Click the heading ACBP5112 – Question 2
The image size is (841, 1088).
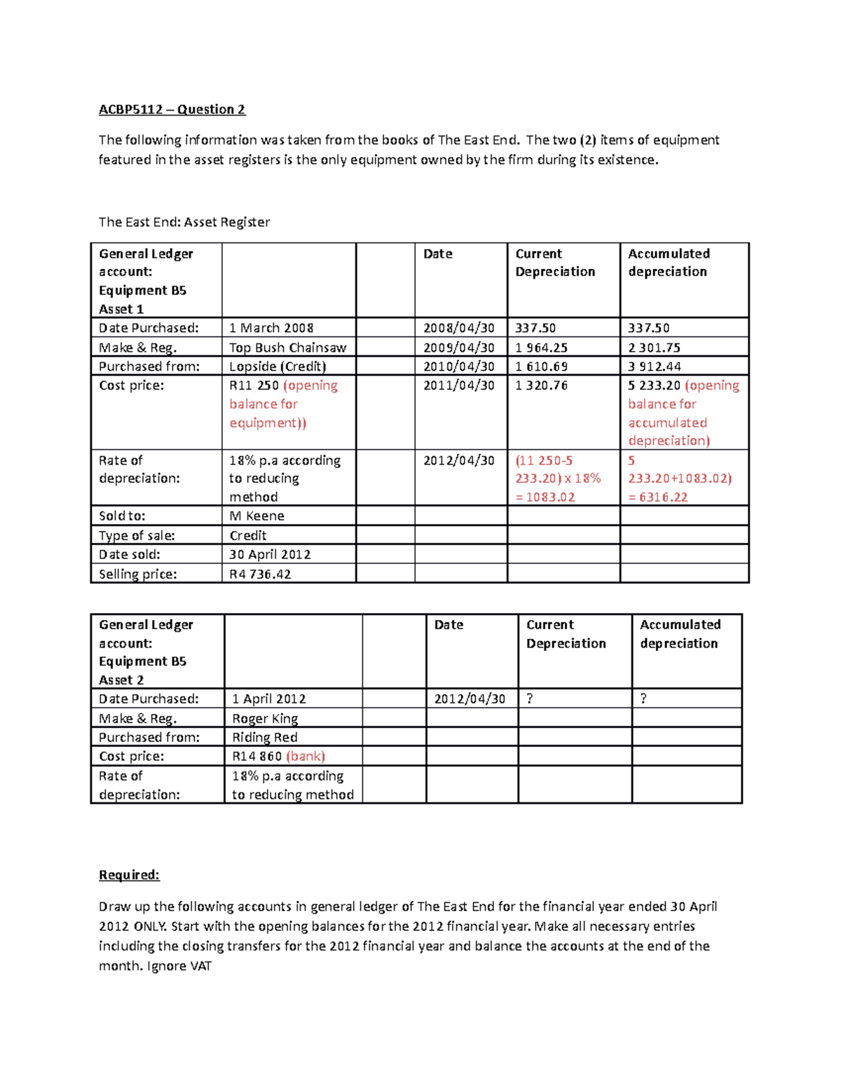coord(172,109)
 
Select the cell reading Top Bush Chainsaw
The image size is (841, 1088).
coord(287,347)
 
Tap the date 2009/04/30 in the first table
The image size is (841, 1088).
coord(458,347)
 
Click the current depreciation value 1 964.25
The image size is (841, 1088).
coord(541,347)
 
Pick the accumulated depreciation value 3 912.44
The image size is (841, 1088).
coord(654,366)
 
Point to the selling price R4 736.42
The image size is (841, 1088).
coord(260,574)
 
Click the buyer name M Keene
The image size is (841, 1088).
coord(257,516)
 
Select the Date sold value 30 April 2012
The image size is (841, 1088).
coord(270,554)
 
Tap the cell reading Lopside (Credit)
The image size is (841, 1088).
coord(278,366)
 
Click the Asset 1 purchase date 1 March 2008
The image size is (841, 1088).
coord(271,328)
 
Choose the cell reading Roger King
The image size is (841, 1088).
coord(265,718)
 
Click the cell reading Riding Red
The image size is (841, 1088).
coord(265,737)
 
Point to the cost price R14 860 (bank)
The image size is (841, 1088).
coord(278,757)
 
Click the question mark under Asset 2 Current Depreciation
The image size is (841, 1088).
coord(530,699)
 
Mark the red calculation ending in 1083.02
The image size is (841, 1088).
coord(558,478)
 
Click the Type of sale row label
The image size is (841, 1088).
coord(137,535)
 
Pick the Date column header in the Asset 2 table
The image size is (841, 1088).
coord(449,625)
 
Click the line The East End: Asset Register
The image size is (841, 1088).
coord(184,222)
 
